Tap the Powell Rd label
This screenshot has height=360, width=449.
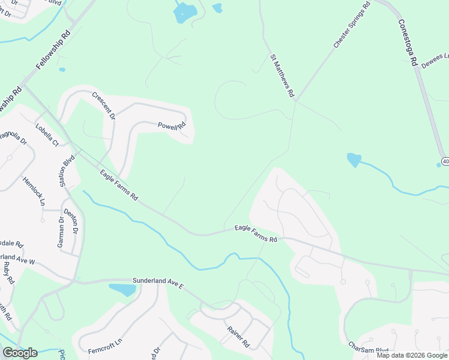pos(172,126)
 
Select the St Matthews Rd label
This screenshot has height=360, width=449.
pos(282,76)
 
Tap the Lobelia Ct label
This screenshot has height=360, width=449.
pos(47,135)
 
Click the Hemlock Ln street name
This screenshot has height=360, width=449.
pos(34,191)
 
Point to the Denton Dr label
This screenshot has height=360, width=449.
pos(71,221)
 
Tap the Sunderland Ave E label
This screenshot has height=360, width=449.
pos(158,283)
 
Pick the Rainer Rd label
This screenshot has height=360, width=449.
pos(238,337)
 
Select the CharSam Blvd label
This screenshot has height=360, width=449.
pos(369,348)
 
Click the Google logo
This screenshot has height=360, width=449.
pos(20,353)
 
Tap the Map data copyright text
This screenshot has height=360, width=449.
pos(412,355)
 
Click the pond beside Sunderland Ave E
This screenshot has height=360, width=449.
pos(123,290)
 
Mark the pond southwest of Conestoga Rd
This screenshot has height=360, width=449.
pos(354,160)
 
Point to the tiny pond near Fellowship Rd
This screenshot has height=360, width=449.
pos(62,70)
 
